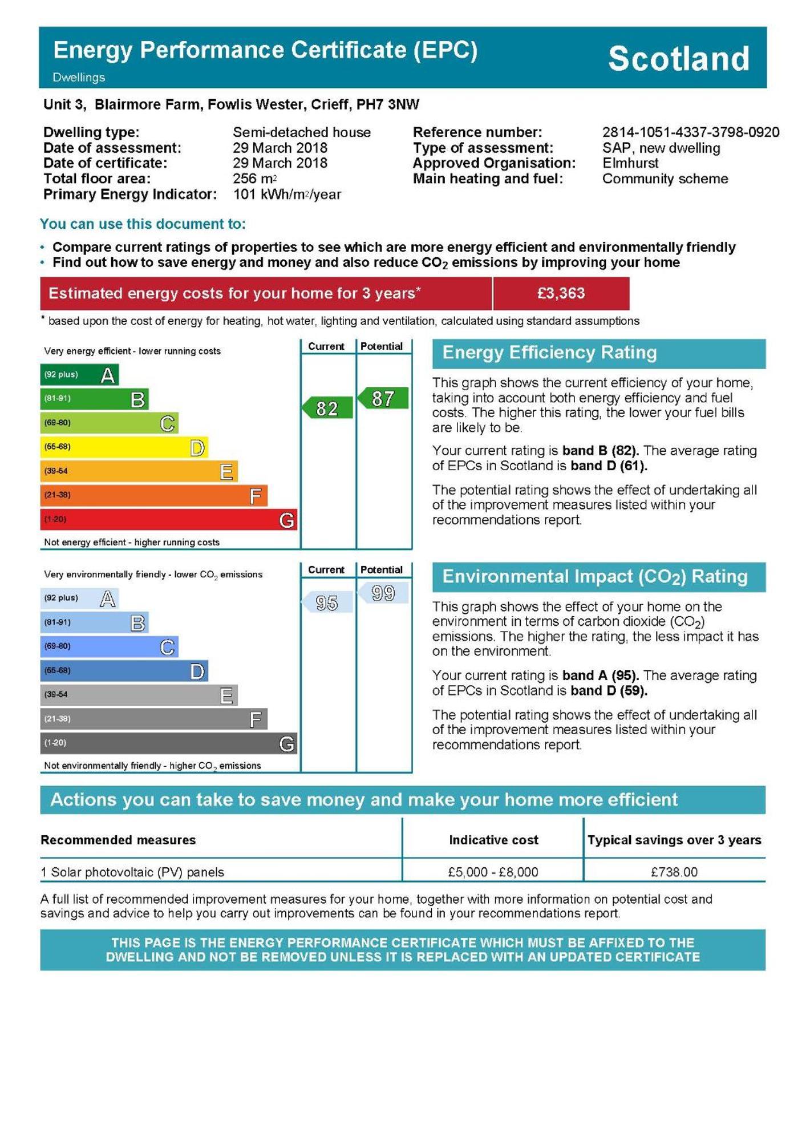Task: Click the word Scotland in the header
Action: [x=678, y=58]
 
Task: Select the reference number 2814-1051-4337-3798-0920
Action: [x=690, y=132]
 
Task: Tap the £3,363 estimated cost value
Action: [x=561, y=293]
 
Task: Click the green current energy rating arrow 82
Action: [x=327, y=408]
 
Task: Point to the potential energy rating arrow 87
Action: [x=383, y=398]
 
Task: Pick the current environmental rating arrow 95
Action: [x=327, y=602]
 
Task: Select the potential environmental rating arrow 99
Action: [x=383, y=593]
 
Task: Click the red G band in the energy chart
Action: [x=168, y=519]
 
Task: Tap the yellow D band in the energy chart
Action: [x=124, y=447]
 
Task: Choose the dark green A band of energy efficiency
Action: [x=79, y=375]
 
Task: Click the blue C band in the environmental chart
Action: [x=109, y=646]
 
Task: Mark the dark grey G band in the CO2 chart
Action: [x=168, y=743]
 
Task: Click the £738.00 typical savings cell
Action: [x=674, y=872]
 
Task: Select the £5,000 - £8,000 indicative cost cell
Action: [x=493, y=872]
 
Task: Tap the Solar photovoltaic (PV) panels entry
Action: [x=137, y=872]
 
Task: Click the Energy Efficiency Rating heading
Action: [x=549, y=353]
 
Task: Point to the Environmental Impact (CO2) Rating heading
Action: [x=594, y=577]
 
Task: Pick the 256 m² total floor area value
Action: [x=254, y=179]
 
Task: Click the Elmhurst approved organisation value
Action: [x=630, y=163]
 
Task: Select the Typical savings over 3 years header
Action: [x=674, y=840]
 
